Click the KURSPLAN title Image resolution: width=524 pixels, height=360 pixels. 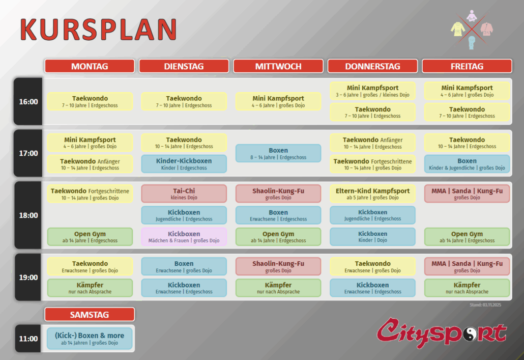(x=99, y=30)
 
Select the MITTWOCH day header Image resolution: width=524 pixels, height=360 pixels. (x=278, y=66)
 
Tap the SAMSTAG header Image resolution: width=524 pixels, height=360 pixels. (x=90, y=315)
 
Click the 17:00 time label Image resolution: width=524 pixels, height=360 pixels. (x=28, y=153)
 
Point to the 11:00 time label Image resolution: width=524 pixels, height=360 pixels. (x=28, y=339)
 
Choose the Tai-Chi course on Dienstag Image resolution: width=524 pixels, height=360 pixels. (x=184, y=193)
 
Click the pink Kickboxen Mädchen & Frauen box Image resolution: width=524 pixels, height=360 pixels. (x=184, y=237)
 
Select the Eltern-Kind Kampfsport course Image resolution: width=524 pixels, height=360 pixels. (x=372, y=193)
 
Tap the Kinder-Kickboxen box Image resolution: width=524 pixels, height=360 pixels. (x=184, y=164)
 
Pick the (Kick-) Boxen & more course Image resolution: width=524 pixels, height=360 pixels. (x=90, y=339)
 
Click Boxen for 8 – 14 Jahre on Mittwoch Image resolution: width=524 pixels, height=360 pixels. (x=278, y=153)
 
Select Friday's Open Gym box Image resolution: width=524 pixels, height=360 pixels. (x=467, y=237)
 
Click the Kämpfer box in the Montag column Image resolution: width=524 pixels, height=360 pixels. (x=90, y=288)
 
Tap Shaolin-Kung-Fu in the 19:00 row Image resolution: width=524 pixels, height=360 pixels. (x=278, y=266)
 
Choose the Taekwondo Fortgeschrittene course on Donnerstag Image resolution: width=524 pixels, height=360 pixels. (x=372, y=164)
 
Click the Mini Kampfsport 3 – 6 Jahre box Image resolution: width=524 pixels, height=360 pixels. (x=372, y=91)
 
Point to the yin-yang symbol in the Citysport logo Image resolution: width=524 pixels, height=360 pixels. (x=471, y=334)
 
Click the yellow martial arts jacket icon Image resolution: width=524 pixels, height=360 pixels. (x=458, y=29)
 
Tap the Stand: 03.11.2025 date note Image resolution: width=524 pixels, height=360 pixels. (x=485, y=305)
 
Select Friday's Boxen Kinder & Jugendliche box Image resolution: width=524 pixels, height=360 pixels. (x=467, y=164)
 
